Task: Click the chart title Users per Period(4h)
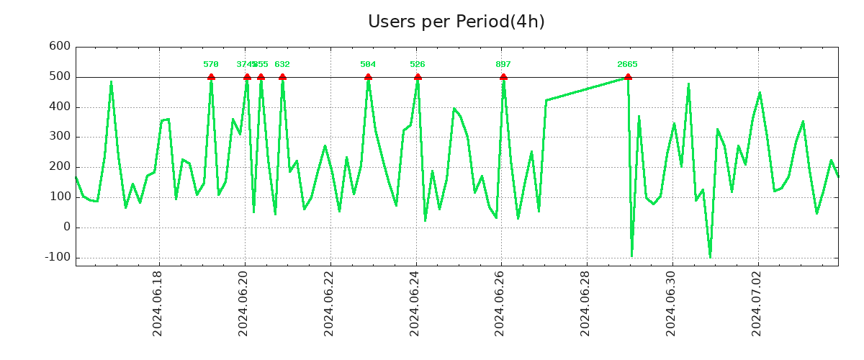456,22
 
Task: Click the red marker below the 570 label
211,77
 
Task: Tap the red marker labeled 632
282,77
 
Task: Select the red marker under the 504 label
368,77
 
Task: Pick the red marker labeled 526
418,77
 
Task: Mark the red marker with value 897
503,77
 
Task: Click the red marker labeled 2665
628,77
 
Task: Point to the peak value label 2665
627,65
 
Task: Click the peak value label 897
503,65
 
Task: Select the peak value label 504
368,65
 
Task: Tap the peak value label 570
211,65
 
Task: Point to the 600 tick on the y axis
60,47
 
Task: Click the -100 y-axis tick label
57,257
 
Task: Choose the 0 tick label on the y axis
67,228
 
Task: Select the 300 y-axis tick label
60,137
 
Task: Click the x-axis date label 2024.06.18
158,303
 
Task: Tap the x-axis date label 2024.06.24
415,303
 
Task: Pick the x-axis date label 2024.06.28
587,303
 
